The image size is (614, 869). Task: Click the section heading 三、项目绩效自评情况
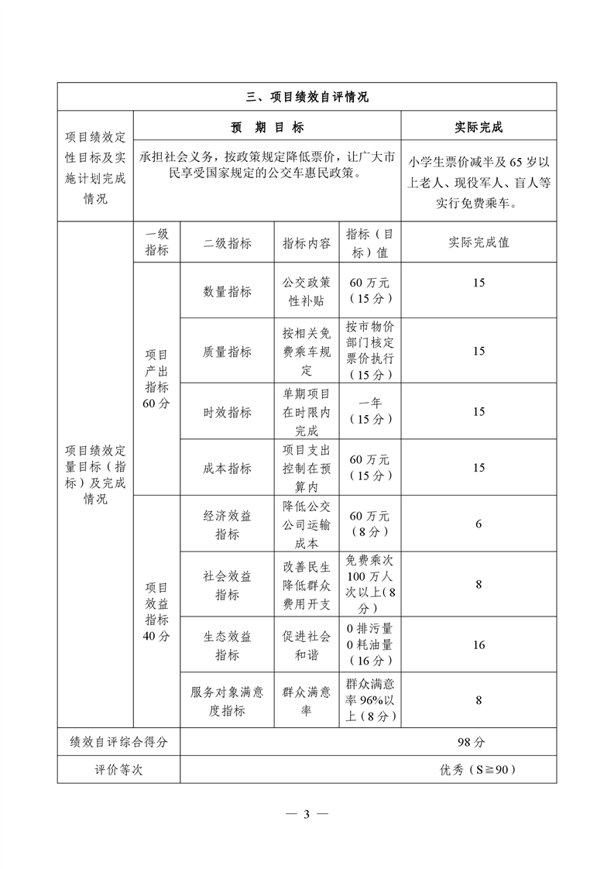coord(307,97)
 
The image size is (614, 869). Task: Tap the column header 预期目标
coord(267,127)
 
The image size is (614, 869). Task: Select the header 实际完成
coord(479,127)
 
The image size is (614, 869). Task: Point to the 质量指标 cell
coord(227,352)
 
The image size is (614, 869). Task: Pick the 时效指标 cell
coord(227,412)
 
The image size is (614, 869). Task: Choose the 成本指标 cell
coord(227,468)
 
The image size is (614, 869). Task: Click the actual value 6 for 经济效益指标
coord(479,524)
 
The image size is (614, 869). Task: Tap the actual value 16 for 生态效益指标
coord(479,645)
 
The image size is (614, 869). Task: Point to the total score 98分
coord(471,742)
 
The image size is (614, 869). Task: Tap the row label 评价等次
coord(118,770)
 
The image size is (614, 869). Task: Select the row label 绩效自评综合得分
coord(118,742)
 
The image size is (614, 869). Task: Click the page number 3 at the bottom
coord(307,814)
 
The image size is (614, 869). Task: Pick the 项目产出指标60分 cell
coord(156,379)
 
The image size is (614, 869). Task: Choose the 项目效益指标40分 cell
coord(156,613)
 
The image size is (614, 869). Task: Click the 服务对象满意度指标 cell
coord(227,701)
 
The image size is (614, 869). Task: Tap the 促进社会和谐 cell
coord(307,645)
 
